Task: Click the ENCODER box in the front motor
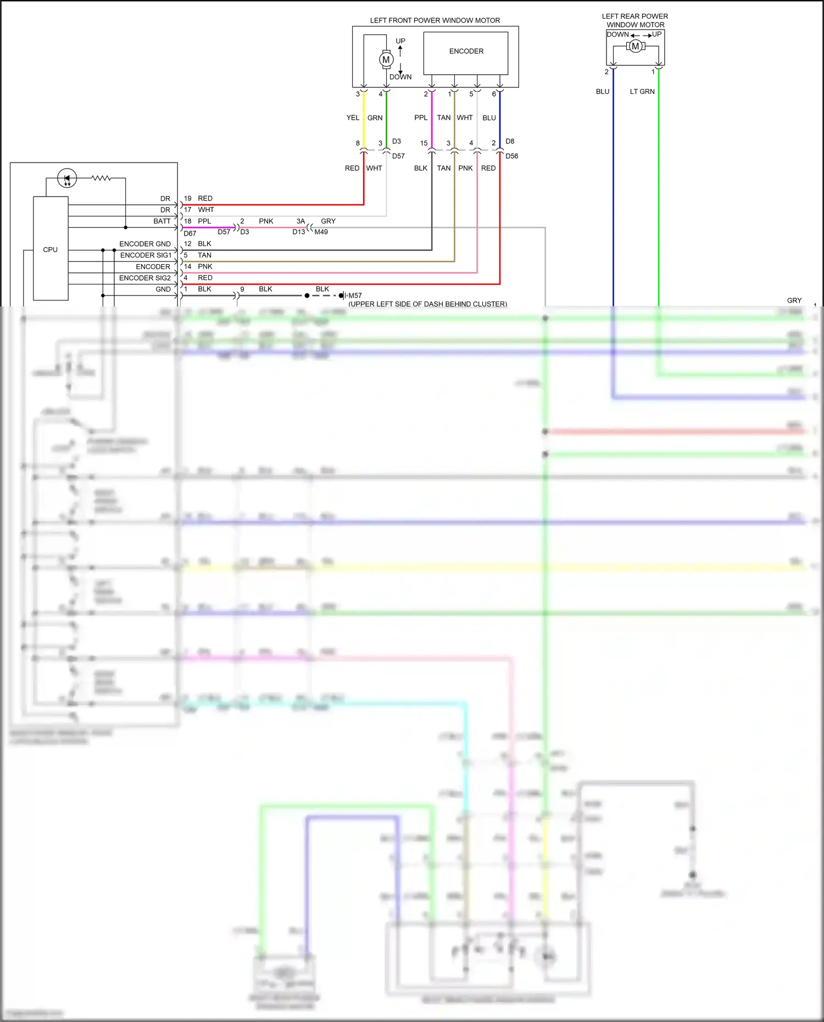pos(466,52)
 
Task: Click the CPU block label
pos(50,249)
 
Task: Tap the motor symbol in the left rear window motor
pos(636,46)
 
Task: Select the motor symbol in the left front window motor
pos(386,59)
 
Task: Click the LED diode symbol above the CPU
pos(67,178)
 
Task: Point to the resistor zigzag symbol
pos(101,178)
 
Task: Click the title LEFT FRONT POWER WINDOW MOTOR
pos(435,20)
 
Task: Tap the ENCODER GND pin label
pos(145,244)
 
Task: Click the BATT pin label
pos(162,221)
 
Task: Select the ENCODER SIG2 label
pos(145,278)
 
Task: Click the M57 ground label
pos(355,295)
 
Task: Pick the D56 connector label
pos(511,156)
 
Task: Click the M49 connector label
pos(321,232)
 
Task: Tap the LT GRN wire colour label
pos(642,92)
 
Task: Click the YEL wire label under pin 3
pos(353,118)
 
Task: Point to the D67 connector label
pos(190,233)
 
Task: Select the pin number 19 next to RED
pos(188,198)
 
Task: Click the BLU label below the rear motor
pos(603,92)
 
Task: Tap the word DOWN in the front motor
pos(400,77)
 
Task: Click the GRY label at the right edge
pos(794,300)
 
